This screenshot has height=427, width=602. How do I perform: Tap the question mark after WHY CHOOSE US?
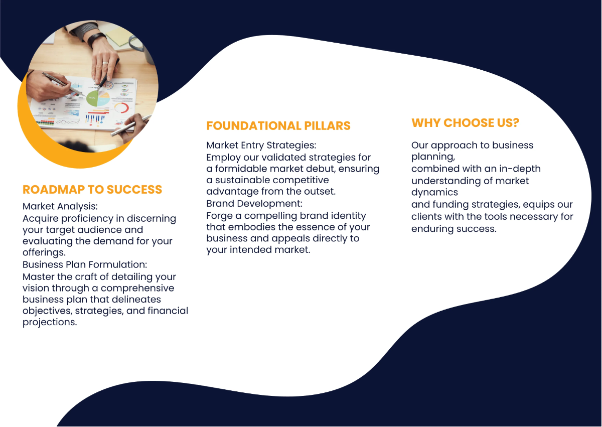516,123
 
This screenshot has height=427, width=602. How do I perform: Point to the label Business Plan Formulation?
85,264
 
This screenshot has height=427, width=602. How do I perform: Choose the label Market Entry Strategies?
261,145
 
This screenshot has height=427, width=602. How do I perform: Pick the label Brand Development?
254,204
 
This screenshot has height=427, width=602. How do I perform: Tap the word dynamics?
434,192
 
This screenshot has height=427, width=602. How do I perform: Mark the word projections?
50,322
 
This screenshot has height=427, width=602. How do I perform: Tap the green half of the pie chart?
93,98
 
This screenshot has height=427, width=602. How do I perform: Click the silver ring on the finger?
105,63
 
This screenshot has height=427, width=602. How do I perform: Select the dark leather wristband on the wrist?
96,39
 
